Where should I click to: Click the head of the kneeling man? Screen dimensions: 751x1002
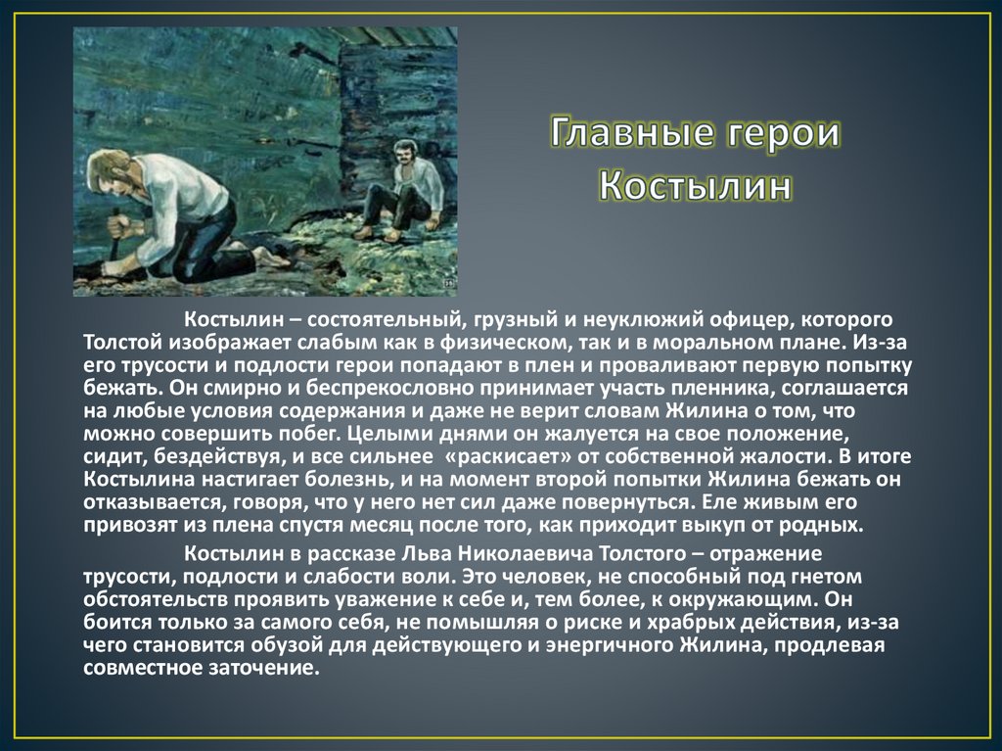[x=110, y=169]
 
